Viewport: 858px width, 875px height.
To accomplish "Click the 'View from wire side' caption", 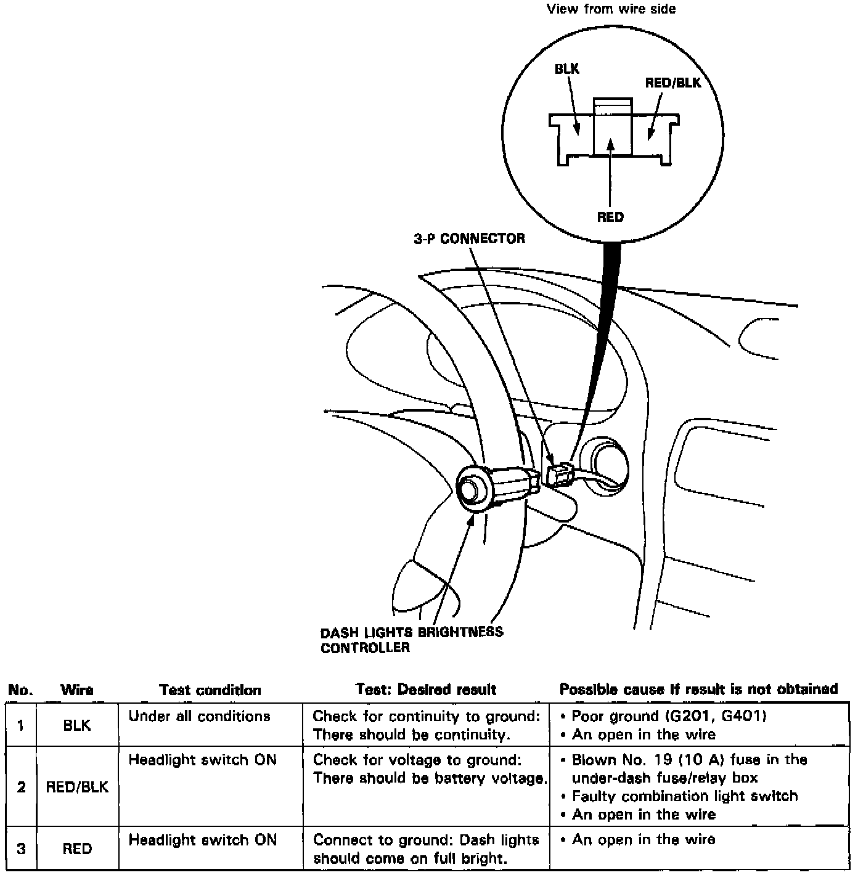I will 611,9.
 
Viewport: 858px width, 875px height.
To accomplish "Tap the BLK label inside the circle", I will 566,69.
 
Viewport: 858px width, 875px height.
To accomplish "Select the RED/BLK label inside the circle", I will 672,83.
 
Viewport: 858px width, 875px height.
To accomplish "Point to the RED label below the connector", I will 610,217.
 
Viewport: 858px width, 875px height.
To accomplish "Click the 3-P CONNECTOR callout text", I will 469,238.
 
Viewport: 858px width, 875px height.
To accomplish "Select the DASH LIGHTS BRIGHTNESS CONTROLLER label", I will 411,640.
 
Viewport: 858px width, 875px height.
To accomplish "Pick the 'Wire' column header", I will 77,690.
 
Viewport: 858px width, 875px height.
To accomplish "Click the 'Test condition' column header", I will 210,690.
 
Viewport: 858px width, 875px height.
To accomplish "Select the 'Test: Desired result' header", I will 425,690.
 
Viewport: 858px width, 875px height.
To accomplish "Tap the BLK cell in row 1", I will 77,725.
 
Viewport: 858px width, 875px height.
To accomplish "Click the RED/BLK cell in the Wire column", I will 77,787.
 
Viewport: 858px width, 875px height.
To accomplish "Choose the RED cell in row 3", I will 77,849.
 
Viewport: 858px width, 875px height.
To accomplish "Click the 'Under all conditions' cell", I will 199,716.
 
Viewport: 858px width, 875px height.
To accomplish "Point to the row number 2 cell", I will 22,787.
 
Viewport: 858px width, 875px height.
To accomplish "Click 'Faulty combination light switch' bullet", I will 684,796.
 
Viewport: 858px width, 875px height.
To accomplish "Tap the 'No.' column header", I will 20,690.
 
